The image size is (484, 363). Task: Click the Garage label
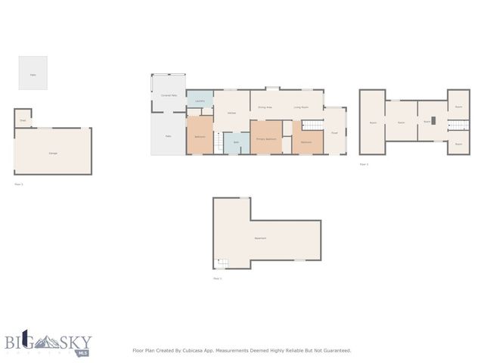pos(53,154)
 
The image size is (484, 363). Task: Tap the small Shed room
pos(23,119)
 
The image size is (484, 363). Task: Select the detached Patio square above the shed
pos(33,73)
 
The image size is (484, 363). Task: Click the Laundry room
pos(200,101)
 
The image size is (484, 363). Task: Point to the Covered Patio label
pos(169,95)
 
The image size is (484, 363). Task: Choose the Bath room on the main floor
pos(236,142)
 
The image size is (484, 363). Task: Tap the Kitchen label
pos(231,113)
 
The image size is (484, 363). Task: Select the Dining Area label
pos(265,107)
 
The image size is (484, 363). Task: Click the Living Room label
pos(301,107)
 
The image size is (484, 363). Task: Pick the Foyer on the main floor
pos(334,132)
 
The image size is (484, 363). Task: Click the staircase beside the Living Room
pos(312,124)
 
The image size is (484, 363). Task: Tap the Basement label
pos(259,238)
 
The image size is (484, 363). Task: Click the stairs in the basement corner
pos(222,263)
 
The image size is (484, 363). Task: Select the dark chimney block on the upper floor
pos(434,119)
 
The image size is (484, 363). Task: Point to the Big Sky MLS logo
pos(46,343)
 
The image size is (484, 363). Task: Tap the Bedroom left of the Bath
pos(200,136)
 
